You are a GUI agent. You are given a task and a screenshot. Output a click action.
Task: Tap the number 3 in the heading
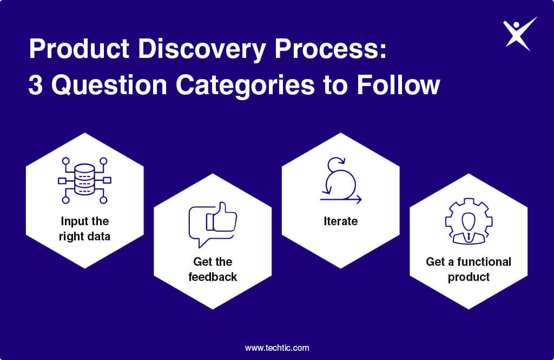point(35,85)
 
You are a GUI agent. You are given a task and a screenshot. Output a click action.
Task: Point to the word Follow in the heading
point(398,85)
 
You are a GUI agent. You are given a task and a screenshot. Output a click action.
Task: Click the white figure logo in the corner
point(518,34)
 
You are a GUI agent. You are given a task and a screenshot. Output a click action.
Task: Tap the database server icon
point(84,180)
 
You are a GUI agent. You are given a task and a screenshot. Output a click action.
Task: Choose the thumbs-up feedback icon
point(213,225)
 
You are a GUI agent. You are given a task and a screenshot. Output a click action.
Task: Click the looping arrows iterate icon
point(341,181)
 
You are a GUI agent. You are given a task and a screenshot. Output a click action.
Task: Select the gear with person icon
point(469,221)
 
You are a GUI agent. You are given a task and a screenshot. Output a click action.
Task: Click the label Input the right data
point(84,229)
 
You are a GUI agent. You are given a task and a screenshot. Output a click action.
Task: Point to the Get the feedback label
point(213,269)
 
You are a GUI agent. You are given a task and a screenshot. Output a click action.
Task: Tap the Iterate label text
point(341,221)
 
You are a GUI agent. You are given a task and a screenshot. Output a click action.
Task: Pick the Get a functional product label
point(469,269)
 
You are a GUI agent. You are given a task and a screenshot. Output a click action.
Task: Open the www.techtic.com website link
point(277,348)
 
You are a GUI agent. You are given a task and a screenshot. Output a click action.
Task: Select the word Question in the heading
point(109,85)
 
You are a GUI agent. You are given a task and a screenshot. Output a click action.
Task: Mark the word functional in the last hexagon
point(484,261)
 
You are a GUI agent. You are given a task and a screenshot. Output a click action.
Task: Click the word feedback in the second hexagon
point(213,277)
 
